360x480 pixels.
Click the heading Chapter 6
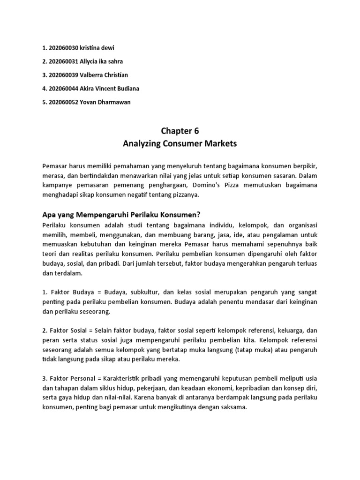click(180, 131)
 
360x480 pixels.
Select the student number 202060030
click(66, 48)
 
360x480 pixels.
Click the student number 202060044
click(66, 89)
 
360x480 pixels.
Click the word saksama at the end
click(230, 407)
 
